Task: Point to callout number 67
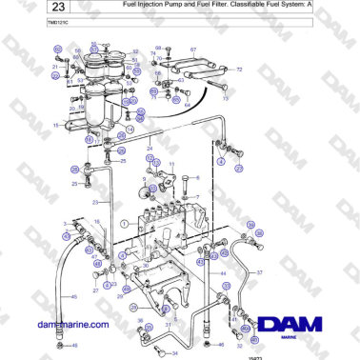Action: coord(193,49)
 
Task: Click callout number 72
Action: coord(239,70)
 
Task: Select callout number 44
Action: coord(223,274)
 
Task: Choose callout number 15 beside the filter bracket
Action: coord(56,125)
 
